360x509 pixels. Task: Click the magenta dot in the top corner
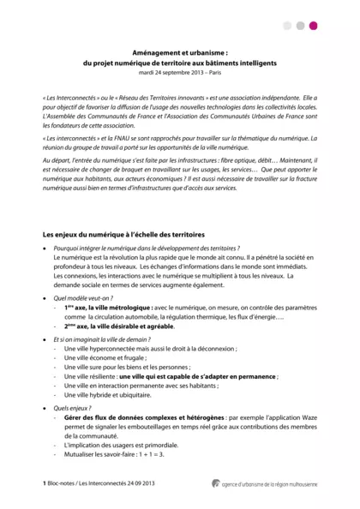[x=313, y=26]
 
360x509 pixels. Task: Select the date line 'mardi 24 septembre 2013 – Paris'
[x=179, y=72]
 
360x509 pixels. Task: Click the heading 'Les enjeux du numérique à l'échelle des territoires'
[x=123, y=235]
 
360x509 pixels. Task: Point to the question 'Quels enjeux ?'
[x=73, y=408]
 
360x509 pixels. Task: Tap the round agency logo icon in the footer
[x=216, y=483]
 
